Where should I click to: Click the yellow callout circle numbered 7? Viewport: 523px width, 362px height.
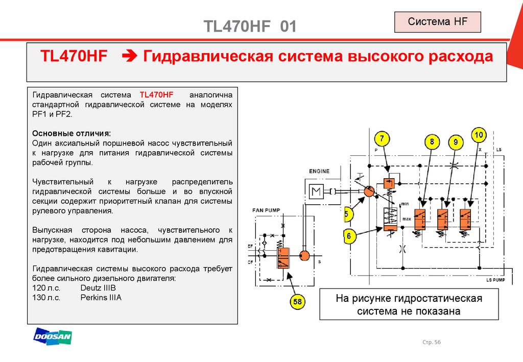(382, 138)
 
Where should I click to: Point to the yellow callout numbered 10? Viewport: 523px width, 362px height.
(479, 135)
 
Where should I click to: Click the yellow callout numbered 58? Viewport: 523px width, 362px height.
(297, 302)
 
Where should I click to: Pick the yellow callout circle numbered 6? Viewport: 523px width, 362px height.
(349, 236)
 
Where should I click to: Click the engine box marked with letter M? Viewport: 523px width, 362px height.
(315, 193)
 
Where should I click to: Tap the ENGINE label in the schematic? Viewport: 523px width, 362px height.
(319, 171)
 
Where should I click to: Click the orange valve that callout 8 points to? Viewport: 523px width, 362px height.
(420, 219)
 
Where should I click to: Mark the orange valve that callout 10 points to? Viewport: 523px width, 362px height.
(465, 219)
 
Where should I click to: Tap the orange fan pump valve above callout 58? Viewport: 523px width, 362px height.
(282, 257)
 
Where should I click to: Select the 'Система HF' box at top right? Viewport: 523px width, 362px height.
(437, 22)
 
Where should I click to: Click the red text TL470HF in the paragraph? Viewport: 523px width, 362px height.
(157, 95)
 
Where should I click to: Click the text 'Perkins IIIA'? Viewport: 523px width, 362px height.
(101, 297)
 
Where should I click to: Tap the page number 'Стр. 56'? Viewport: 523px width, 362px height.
(432, 342)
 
